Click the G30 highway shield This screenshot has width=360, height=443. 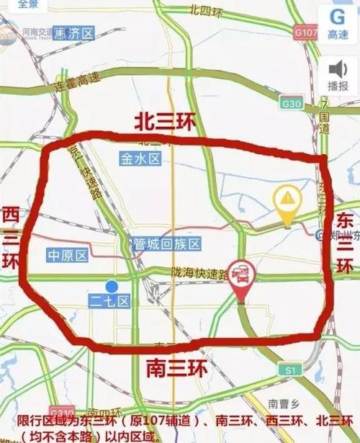[292, 104]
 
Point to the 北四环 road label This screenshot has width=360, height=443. [204, 10]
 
